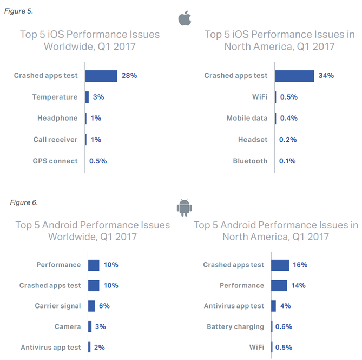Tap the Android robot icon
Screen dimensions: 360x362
185,207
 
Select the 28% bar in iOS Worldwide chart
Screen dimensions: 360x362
101,76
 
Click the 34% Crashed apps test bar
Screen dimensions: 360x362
294,76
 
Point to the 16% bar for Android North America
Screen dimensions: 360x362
280,265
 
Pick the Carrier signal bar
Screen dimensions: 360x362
91,306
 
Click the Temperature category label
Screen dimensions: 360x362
55,97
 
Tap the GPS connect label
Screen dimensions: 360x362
55,161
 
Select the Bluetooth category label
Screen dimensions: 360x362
250,161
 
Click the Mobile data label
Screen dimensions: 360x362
247,118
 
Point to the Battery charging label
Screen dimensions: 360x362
235,326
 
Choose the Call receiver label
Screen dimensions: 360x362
55,140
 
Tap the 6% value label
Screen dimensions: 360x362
104,306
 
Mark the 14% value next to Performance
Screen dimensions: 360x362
299,285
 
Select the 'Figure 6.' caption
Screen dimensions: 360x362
24,202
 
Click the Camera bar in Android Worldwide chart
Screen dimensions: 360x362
90,326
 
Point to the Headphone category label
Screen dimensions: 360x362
57,118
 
